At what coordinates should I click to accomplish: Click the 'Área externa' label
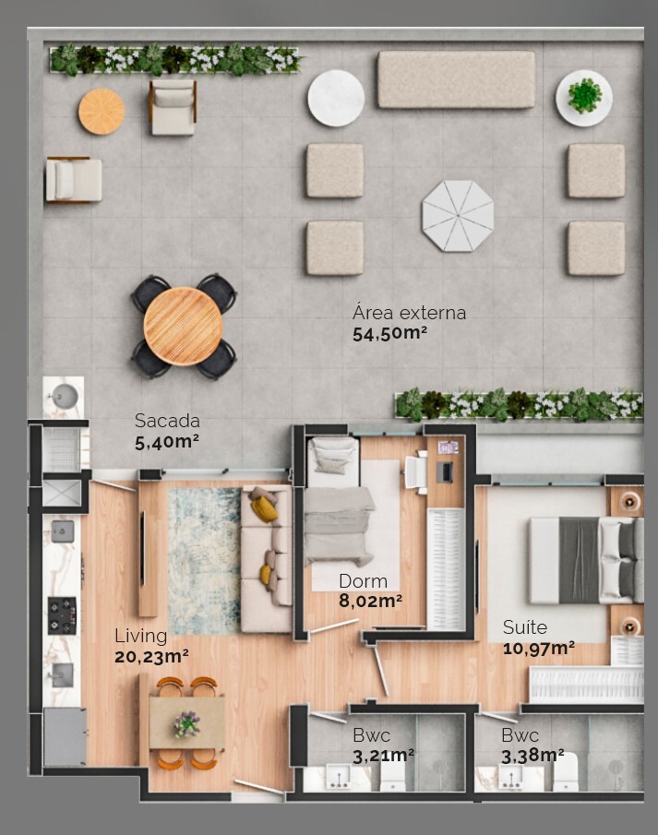pos(409,312)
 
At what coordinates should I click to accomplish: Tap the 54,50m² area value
pos(389,334)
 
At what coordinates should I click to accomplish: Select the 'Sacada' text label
pos(166,420)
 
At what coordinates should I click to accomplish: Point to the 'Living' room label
pos(140,636)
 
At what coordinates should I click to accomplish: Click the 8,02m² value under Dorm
pos(370,602)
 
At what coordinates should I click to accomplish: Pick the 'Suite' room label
pos(524,628)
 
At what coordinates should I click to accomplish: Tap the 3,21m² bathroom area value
pos(383,756)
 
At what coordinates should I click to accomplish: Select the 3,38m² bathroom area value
pos(532,756)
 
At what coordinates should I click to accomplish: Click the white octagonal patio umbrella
pos(458,215)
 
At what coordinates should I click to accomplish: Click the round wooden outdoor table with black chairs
pos(183,326)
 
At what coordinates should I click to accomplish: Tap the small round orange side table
pos(102,112)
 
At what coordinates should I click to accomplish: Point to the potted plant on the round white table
pos(584,95)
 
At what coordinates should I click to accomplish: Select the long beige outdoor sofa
pos(456,79)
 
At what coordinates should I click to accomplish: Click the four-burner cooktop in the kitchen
pos(62,614)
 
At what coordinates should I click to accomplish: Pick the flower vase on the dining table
pos(187,723)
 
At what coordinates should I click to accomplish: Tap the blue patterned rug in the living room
pos(204,559)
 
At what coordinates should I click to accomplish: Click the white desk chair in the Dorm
pos(416,473)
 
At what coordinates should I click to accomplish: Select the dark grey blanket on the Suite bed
pos(579,560)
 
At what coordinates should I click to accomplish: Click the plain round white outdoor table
pos(336,98)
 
